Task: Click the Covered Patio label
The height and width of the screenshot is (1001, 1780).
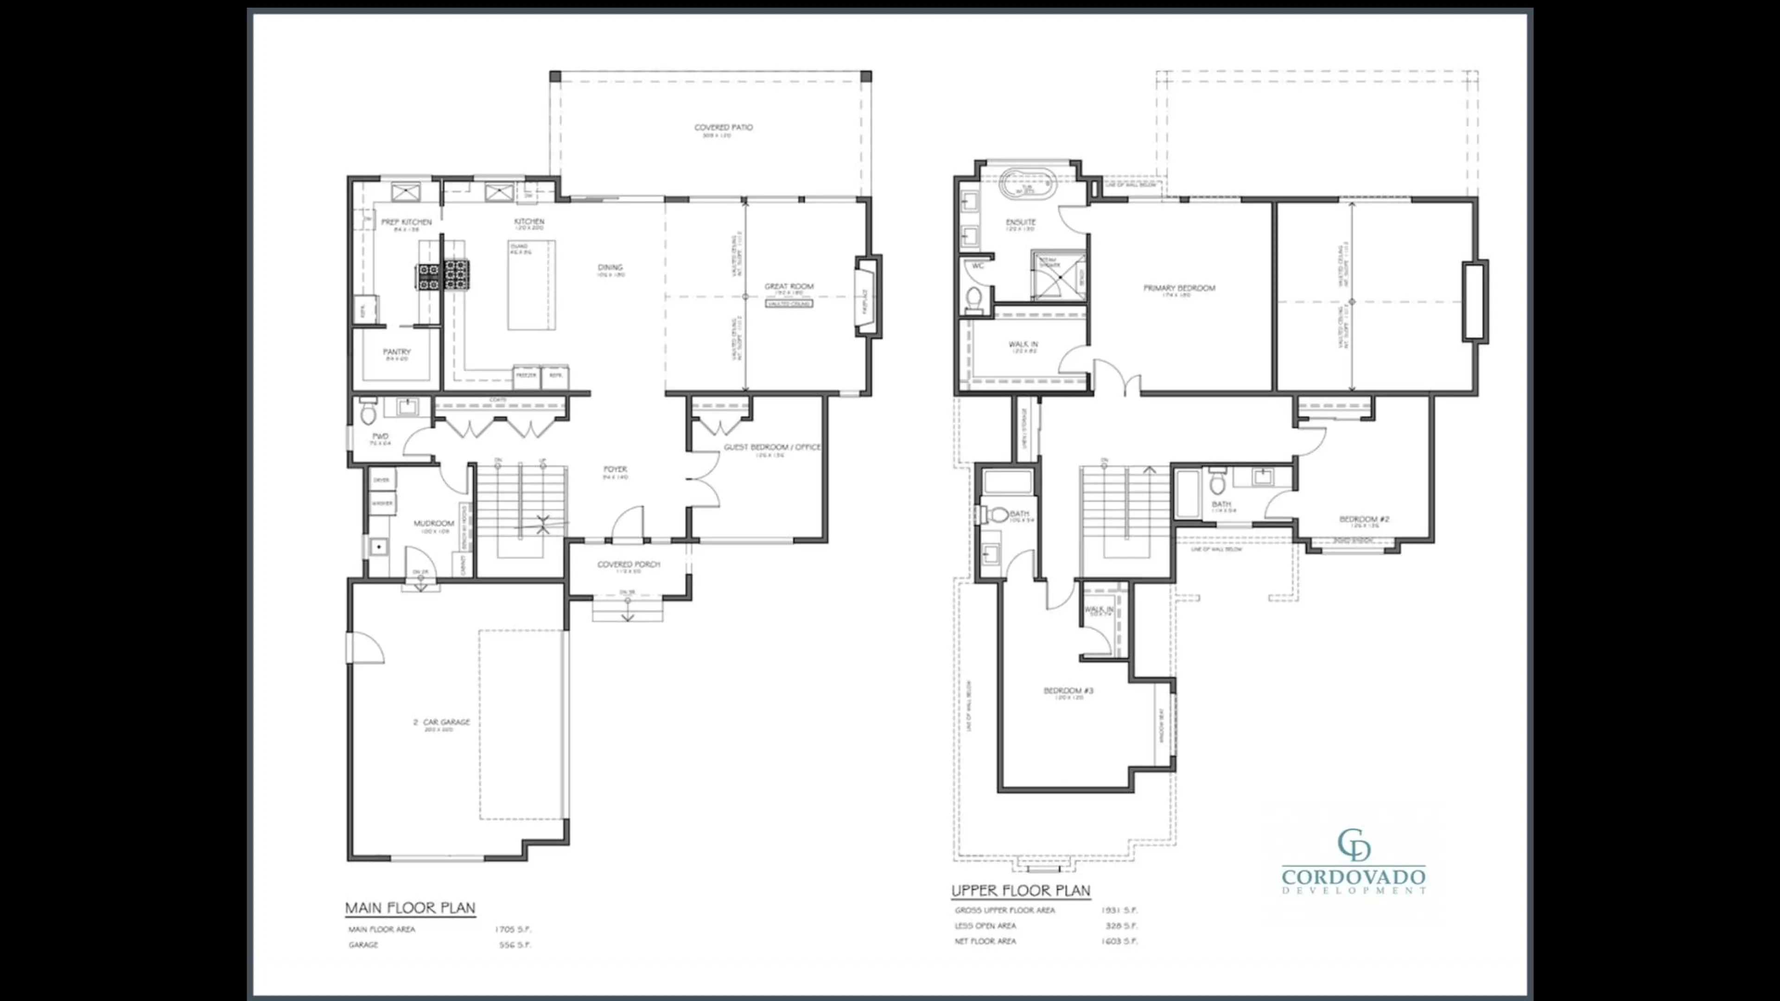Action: tap(723, 127)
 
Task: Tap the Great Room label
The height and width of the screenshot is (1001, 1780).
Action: tap(788, 286)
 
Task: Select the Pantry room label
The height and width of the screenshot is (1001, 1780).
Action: tap(397, 352)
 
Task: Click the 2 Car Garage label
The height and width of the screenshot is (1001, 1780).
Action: tap(442, 722)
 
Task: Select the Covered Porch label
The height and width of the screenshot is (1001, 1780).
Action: tap(628, 564)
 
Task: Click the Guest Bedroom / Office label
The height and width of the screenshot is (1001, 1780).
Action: tap(772, 447)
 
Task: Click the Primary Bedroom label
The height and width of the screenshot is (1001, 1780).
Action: tap(1179, 288)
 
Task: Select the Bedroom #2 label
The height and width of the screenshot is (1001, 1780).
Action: tap(1363, 519)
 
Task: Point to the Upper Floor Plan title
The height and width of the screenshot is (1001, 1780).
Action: tap(1021, 890)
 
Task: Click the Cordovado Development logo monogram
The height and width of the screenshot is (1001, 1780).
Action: tap(1353, 845)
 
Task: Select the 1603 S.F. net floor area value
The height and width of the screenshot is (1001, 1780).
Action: tap(1119, 941)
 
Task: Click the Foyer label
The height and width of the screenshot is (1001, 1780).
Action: tap(614, 469)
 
